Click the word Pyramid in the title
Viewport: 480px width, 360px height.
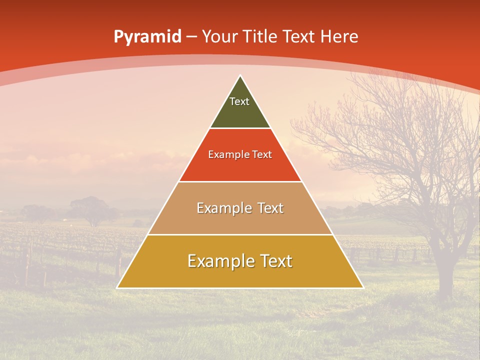[x=147, y=37]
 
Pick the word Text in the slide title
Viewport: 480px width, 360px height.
[x=300, y=37]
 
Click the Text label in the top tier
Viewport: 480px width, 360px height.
[x=239, y=101]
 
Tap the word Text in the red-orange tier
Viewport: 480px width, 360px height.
[x=261, y=155]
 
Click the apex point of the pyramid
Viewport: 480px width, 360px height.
[x=240, y=76]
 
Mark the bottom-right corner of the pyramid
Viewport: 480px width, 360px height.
[x=363, y=287]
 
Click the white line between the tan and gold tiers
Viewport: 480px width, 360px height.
[x=240, y=234]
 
